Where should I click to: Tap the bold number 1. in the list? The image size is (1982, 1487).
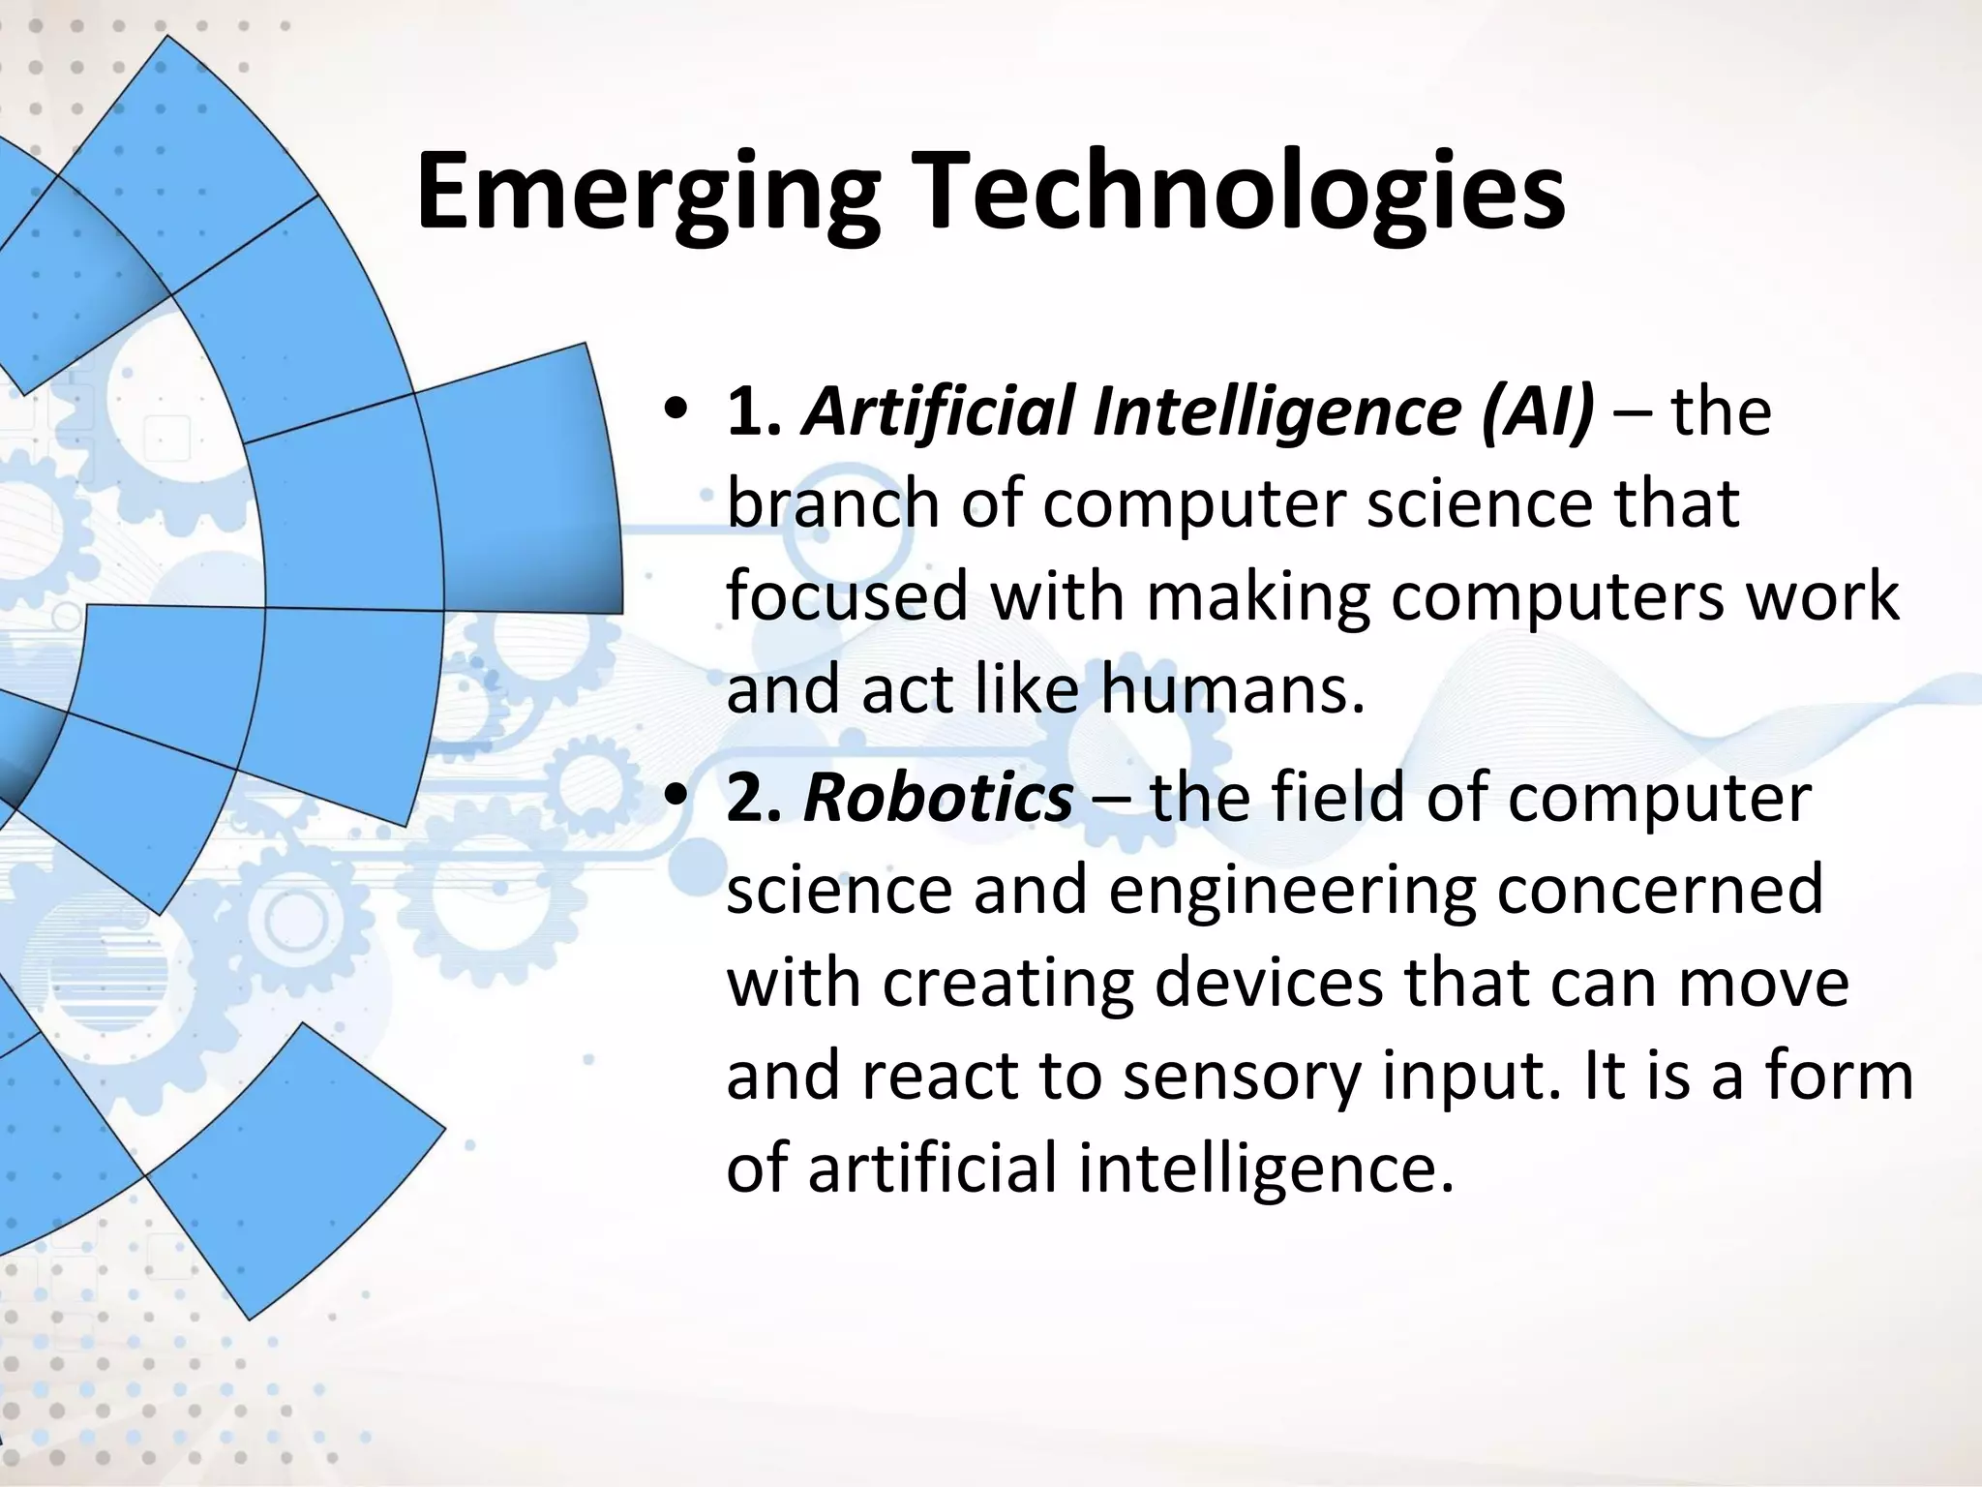754,411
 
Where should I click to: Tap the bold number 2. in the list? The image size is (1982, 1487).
754,799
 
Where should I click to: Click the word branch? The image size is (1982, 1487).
833,504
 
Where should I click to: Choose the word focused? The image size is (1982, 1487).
847,596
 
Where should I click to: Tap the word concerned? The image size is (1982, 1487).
1660,891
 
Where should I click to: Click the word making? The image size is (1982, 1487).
1258,598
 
